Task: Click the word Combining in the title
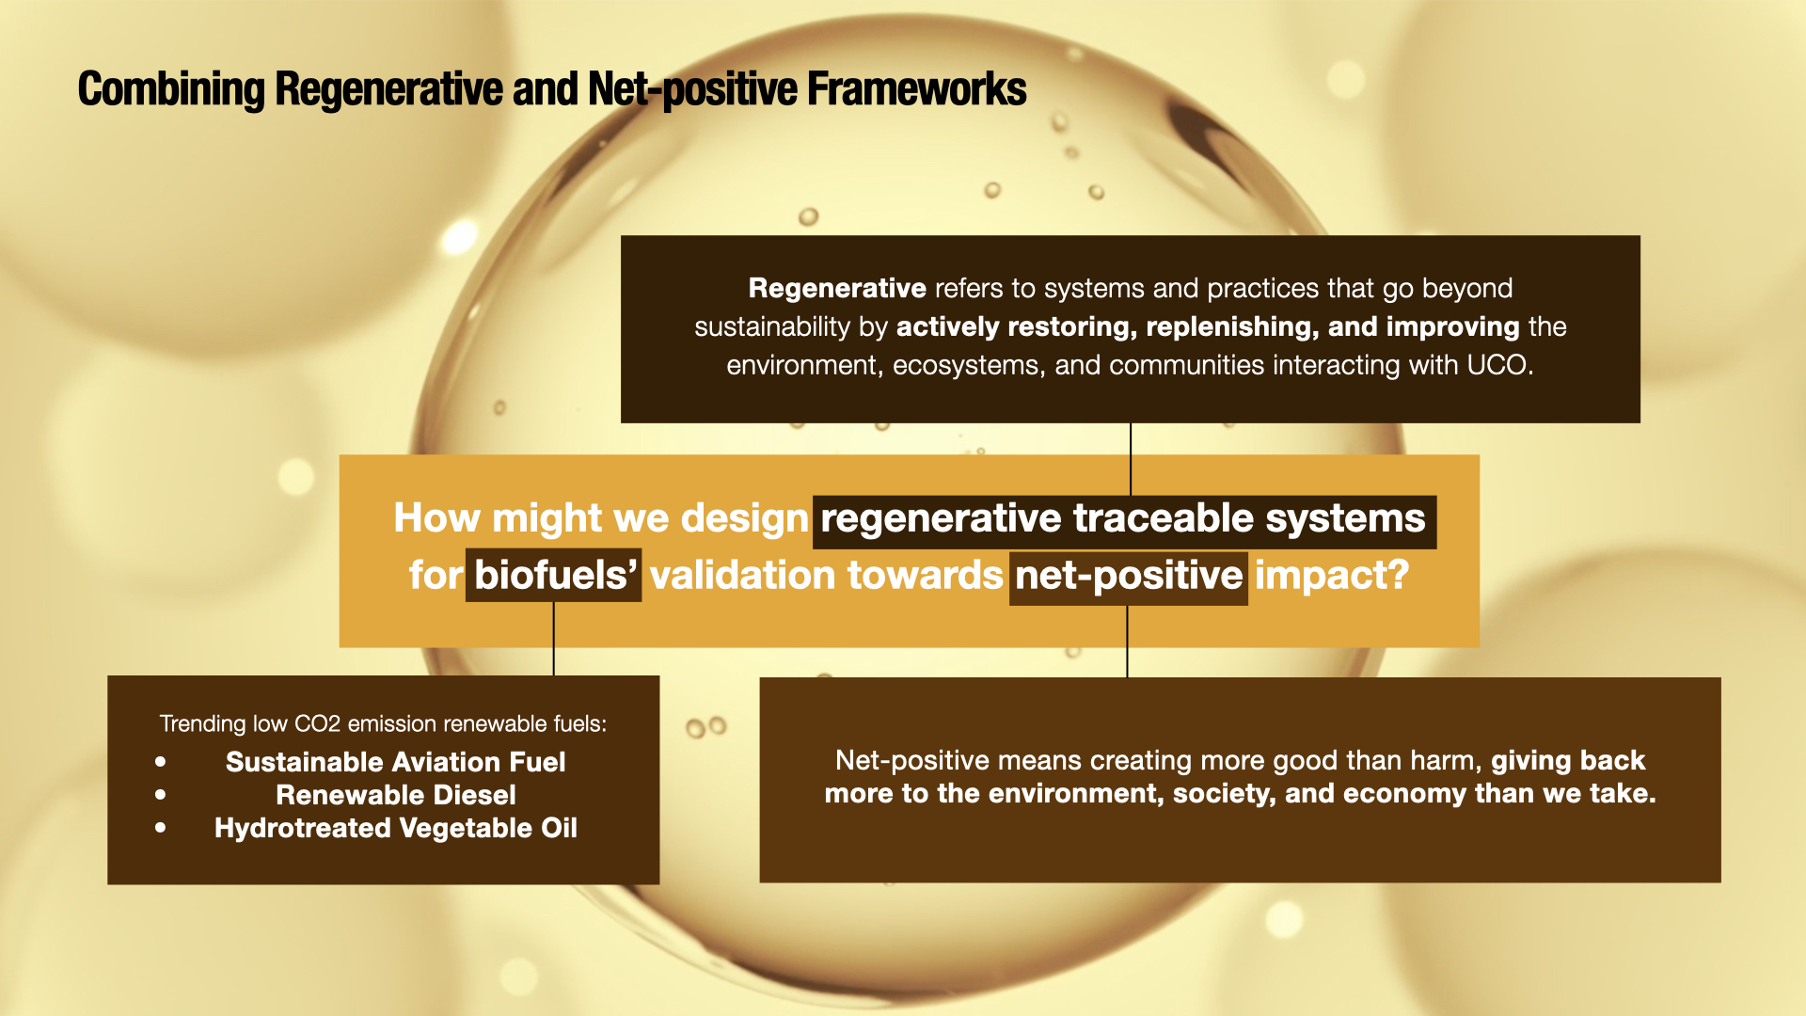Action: [x=171, y=90]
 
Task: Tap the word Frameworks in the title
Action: [x=917, y=88]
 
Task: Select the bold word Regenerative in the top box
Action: [x=837, y=288]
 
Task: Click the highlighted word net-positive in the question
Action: [x=1129, y=576]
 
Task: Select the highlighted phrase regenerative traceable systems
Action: [x=1123, y=519]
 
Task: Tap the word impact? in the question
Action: [x=1332, y=576]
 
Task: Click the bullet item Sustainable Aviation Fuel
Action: [x=396, y=762]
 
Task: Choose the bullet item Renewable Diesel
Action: [x=396, y=795]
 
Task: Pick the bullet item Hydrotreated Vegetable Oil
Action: [x=396, y=828]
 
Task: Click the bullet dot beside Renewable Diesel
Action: [x=161, y=795]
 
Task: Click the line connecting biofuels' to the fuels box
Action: [x=554, y=639]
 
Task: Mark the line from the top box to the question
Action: [x=1131, y=459]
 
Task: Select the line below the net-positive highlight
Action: [x=1127, y=642]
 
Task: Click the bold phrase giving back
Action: [x=1568, y=760]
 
